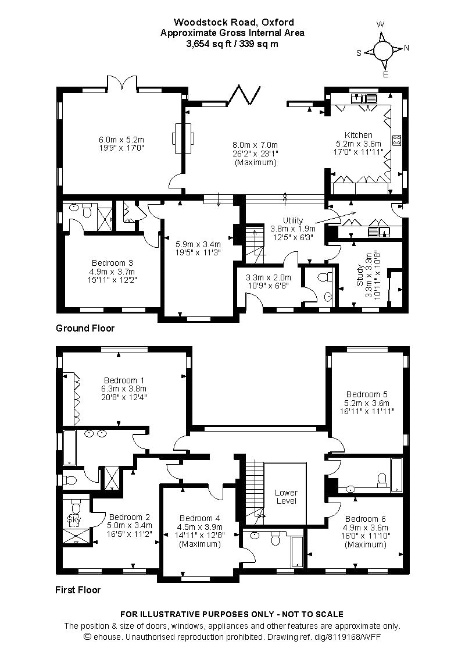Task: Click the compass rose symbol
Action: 382,50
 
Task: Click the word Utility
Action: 293,220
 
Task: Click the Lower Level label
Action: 286,497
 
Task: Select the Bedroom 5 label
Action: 366,393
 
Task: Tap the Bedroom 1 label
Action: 122,380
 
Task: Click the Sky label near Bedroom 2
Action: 74,518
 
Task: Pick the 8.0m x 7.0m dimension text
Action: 256,145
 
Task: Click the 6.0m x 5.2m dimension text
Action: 121,140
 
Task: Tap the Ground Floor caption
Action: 85,328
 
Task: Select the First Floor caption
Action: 78,590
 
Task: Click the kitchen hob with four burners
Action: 398,140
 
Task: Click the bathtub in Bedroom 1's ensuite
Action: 69,447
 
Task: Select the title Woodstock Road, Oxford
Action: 233,23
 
